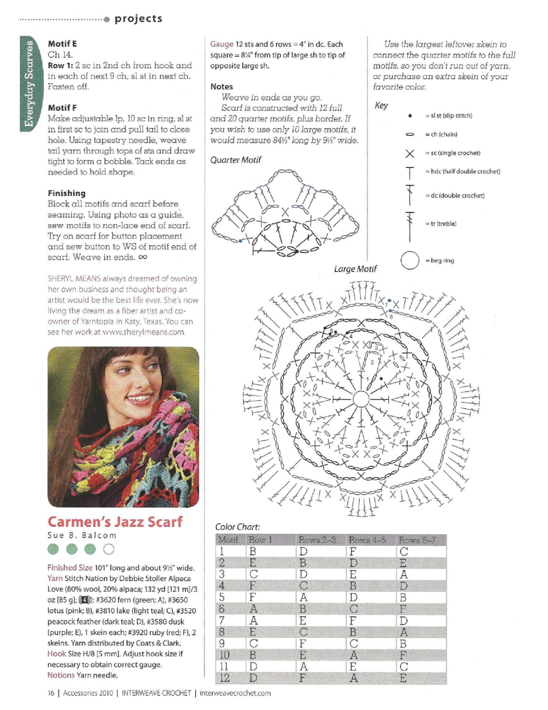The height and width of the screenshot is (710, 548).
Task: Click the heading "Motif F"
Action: [x=62, y=108]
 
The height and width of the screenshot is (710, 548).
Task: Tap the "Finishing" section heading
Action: [x=67, y=193]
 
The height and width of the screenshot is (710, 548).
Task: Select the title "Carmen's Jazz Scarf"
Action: [x=115, y=522]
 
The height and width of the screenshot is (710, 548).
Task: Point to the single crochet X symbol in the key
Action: [x=410, y=153]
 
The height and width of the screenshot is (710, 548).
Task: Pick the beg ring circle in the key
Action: [x=410, y=260]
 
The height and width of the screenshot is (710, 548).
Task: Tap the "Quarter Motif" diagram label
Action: [x=236, y=160]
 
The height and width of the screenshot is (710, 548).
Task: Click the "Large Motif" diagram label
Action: [x=355, y=269]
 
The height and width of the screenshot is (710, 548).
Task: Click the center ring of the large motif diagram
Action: [x=361, y=399]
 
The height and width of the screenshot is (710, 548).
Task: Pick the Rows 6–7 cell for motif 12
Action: [x=403, y=678]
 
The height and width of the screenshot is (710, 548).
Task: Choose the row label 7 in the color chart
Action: [x=222, y=620]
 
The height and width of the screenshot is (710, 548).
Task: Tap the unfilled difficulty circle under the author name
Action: [x=109, y=549]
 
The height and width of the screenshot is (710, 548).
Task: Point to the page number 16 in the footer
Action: [x=51, y=693]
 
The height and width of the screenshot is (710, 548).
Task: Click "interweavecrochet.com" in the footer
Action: [x=235, y=693]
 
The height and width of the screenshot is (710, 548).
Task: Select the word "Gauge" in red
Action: [x=222, y=44]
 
